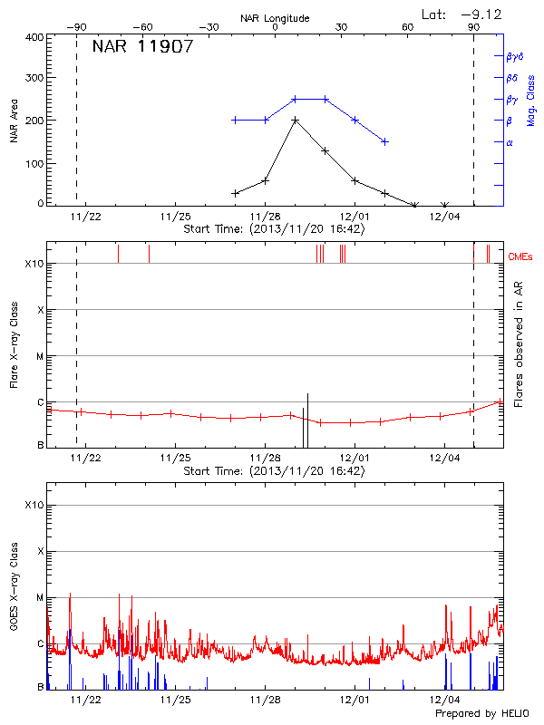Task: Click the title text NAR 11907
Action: pyautogui.click(x=142, y=47)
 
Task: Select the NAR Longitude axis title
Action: pyautogui.click(x=275, y=17)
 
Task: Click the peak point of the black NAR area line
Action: pyautogui.click(x=295, y=120)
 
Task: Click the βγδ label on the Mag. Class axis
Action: pyautogui.click(x=515, y=56)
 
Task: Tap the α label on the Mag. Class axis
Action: pyautogui.click(x=510, y=143)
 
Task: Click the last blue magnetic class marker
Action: pyautogui.click(x=384, y=141)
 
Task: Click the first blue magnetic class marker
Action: pyautogui.click(x=235, y=120)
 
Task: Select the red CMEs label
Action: pyautogui.click(x=521, y=257)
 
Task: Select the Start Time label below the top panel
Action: pyautogui.click(x=274, y=230)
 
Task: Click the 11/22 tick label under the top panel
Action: pyautogui.click(x=86, y=217)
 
